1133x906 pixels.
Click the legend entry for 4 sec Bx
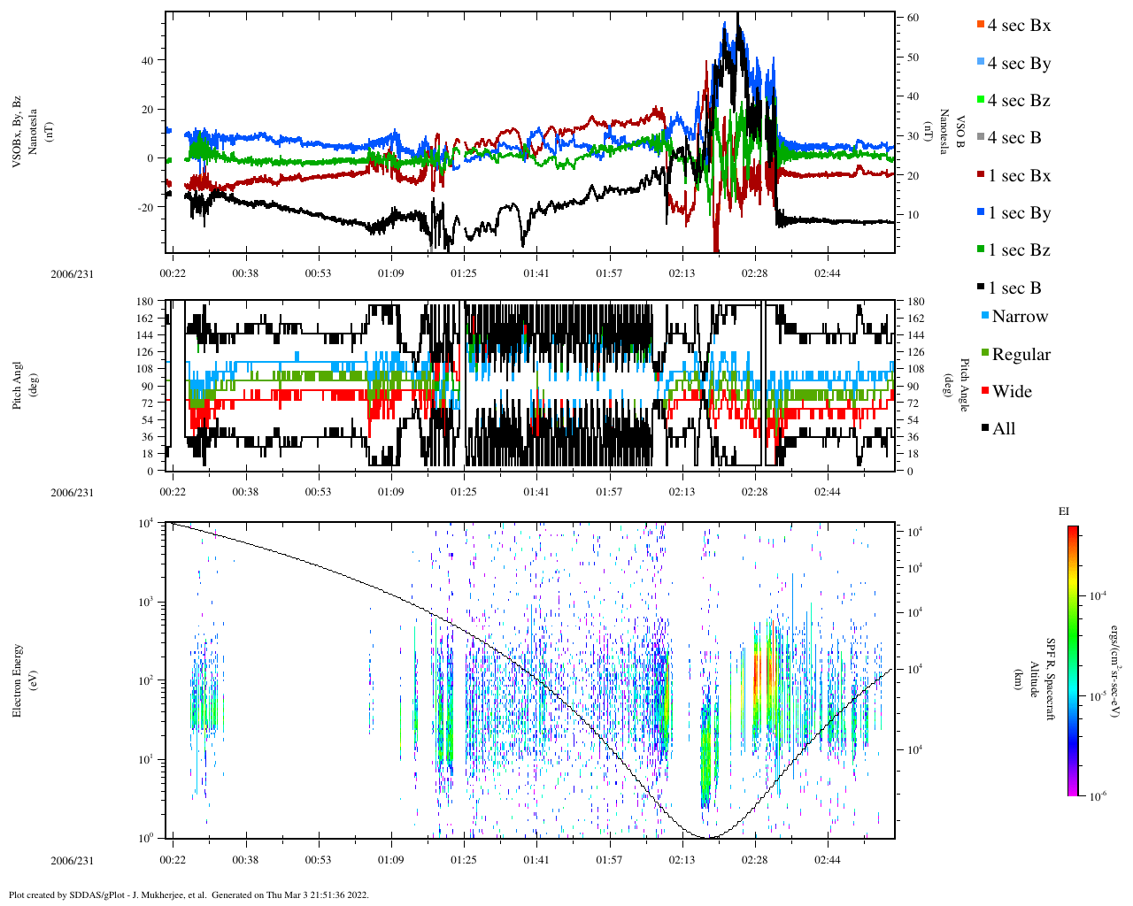1018,26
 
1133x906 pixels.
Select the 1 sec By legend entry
1018,213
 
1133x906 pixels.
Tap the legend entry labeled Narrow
1019,317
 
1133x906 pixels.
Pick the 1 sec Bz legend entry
1018,250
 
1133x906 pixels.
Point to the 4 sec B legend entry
1014,138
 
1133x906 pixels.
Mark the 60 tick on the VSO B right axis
913,18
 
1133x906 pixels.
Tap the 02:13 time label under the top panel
682,273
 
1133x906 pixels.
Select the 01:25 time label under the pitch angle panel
463,492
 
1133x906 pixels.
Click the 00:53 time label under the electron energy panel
318,860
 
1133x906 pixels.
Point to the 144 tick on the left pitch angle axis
144,335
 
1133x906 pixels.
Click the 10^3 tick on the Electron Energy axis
146,602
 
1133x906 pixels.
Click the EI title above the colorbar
1064,511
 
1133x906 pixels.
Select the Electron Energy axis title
18,680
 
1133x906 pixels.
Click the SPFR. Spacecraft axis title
1051,679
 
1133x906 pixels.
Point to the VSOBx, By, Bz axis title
18,133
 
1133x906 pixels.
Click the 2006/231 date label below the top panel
72,273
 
